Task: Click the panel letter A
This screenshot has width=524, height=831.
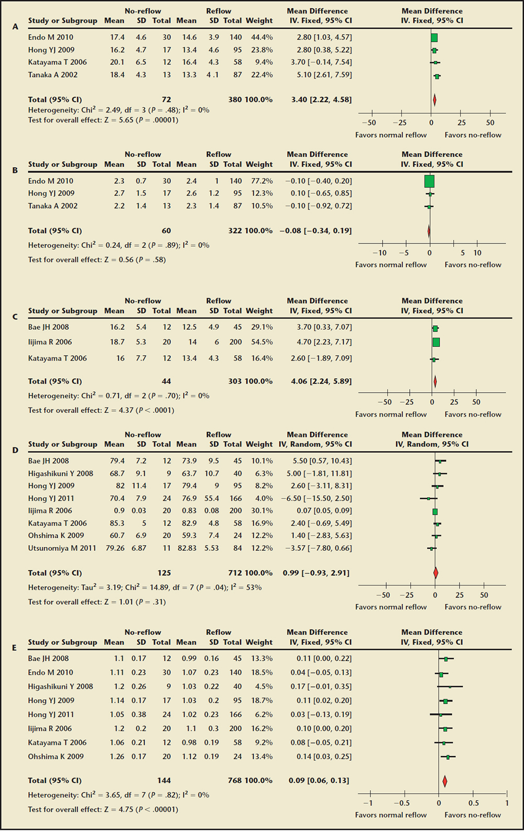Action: click(x=15, y=27)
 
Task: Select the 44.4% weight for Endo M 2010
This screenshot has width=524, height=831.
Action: click(x=262, y=37)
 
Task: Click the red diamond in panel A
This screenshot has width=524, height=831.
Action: click(x=434, y=99)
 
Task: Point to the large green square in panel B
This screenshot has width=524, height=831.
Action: click(x=429, y=181)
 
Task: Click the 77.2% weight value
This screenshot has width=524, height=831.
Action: click(x=262, y=181)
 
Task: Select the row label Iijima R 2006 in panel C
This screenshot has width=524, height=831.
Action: click(x=50, y=342)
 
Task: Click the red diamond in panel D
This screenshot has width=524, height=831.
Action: click(x=435, y=573)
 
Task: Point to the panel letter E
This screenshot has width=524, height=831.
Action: click(x=15, y=648)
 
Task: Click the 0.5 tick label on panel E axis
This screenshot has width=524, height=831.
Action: click(x=473, y=803)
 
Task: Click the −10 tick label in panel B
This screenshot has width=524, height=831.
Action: click(x=379, y=253)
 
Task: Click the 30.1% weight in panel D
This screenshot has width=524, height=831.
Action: click(x=262, y=511)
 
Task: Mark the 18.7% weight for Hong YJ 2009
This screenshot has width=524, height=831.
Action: click(x=262, y=701)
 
